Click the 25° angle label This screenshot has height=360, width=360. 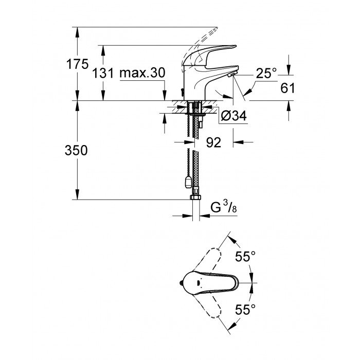coord(266,74)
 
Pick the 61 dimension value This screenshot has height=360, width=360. coord(288,88)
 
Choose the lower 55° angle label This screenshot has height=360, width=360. coord(246,309)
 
